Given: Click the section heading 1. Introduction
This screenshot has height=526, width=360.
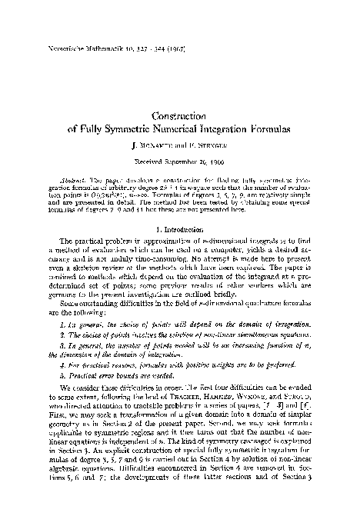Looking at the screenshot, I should (x=180, y=229).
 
